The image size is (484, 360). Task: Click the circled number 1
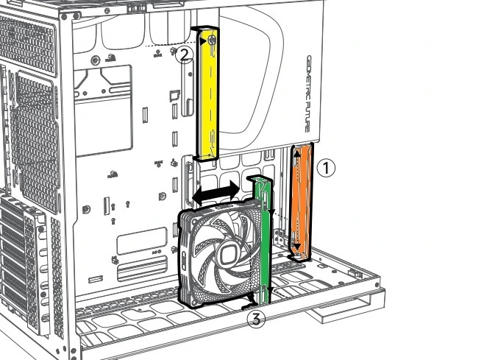(x=326, y=168)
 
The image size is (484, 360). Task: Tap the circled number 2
(x=185, y=52)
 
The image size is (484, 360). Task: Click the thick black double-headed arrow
(x=216, y=192)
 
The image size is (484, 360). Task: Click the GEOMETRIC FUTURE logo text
(x=310, y=96)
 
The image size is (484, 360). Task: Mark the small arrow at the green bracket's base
(x=252, y=300)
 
